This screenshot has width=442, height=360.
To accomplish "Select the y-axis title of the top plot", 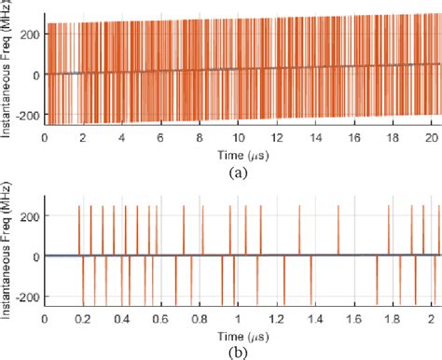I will (x=7, y=70).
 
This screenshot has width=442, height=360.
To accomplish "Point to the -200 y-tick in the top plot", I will (x=27, y=115).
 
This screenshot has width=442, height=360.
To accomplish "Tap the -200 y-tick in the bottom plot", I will (x=27, y=296).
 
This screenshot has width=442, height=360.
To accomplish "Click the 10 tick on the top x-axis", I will (x=238, y=136).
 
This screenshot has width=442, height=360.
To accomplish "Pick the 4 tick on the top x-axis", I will (x=122, y=136).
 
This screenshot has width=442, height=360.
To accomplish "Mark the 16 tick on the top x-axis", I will (x=353, y=136).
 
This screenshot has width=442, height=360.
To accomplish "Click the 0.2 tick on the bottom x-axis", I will (x=83, y=317).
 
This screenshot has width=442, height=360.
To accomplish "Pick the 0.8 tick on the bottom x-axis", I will (x=199, y=317).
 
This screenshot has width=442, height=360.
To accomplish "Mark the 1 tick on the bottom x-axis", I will (x=238, y=317).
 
